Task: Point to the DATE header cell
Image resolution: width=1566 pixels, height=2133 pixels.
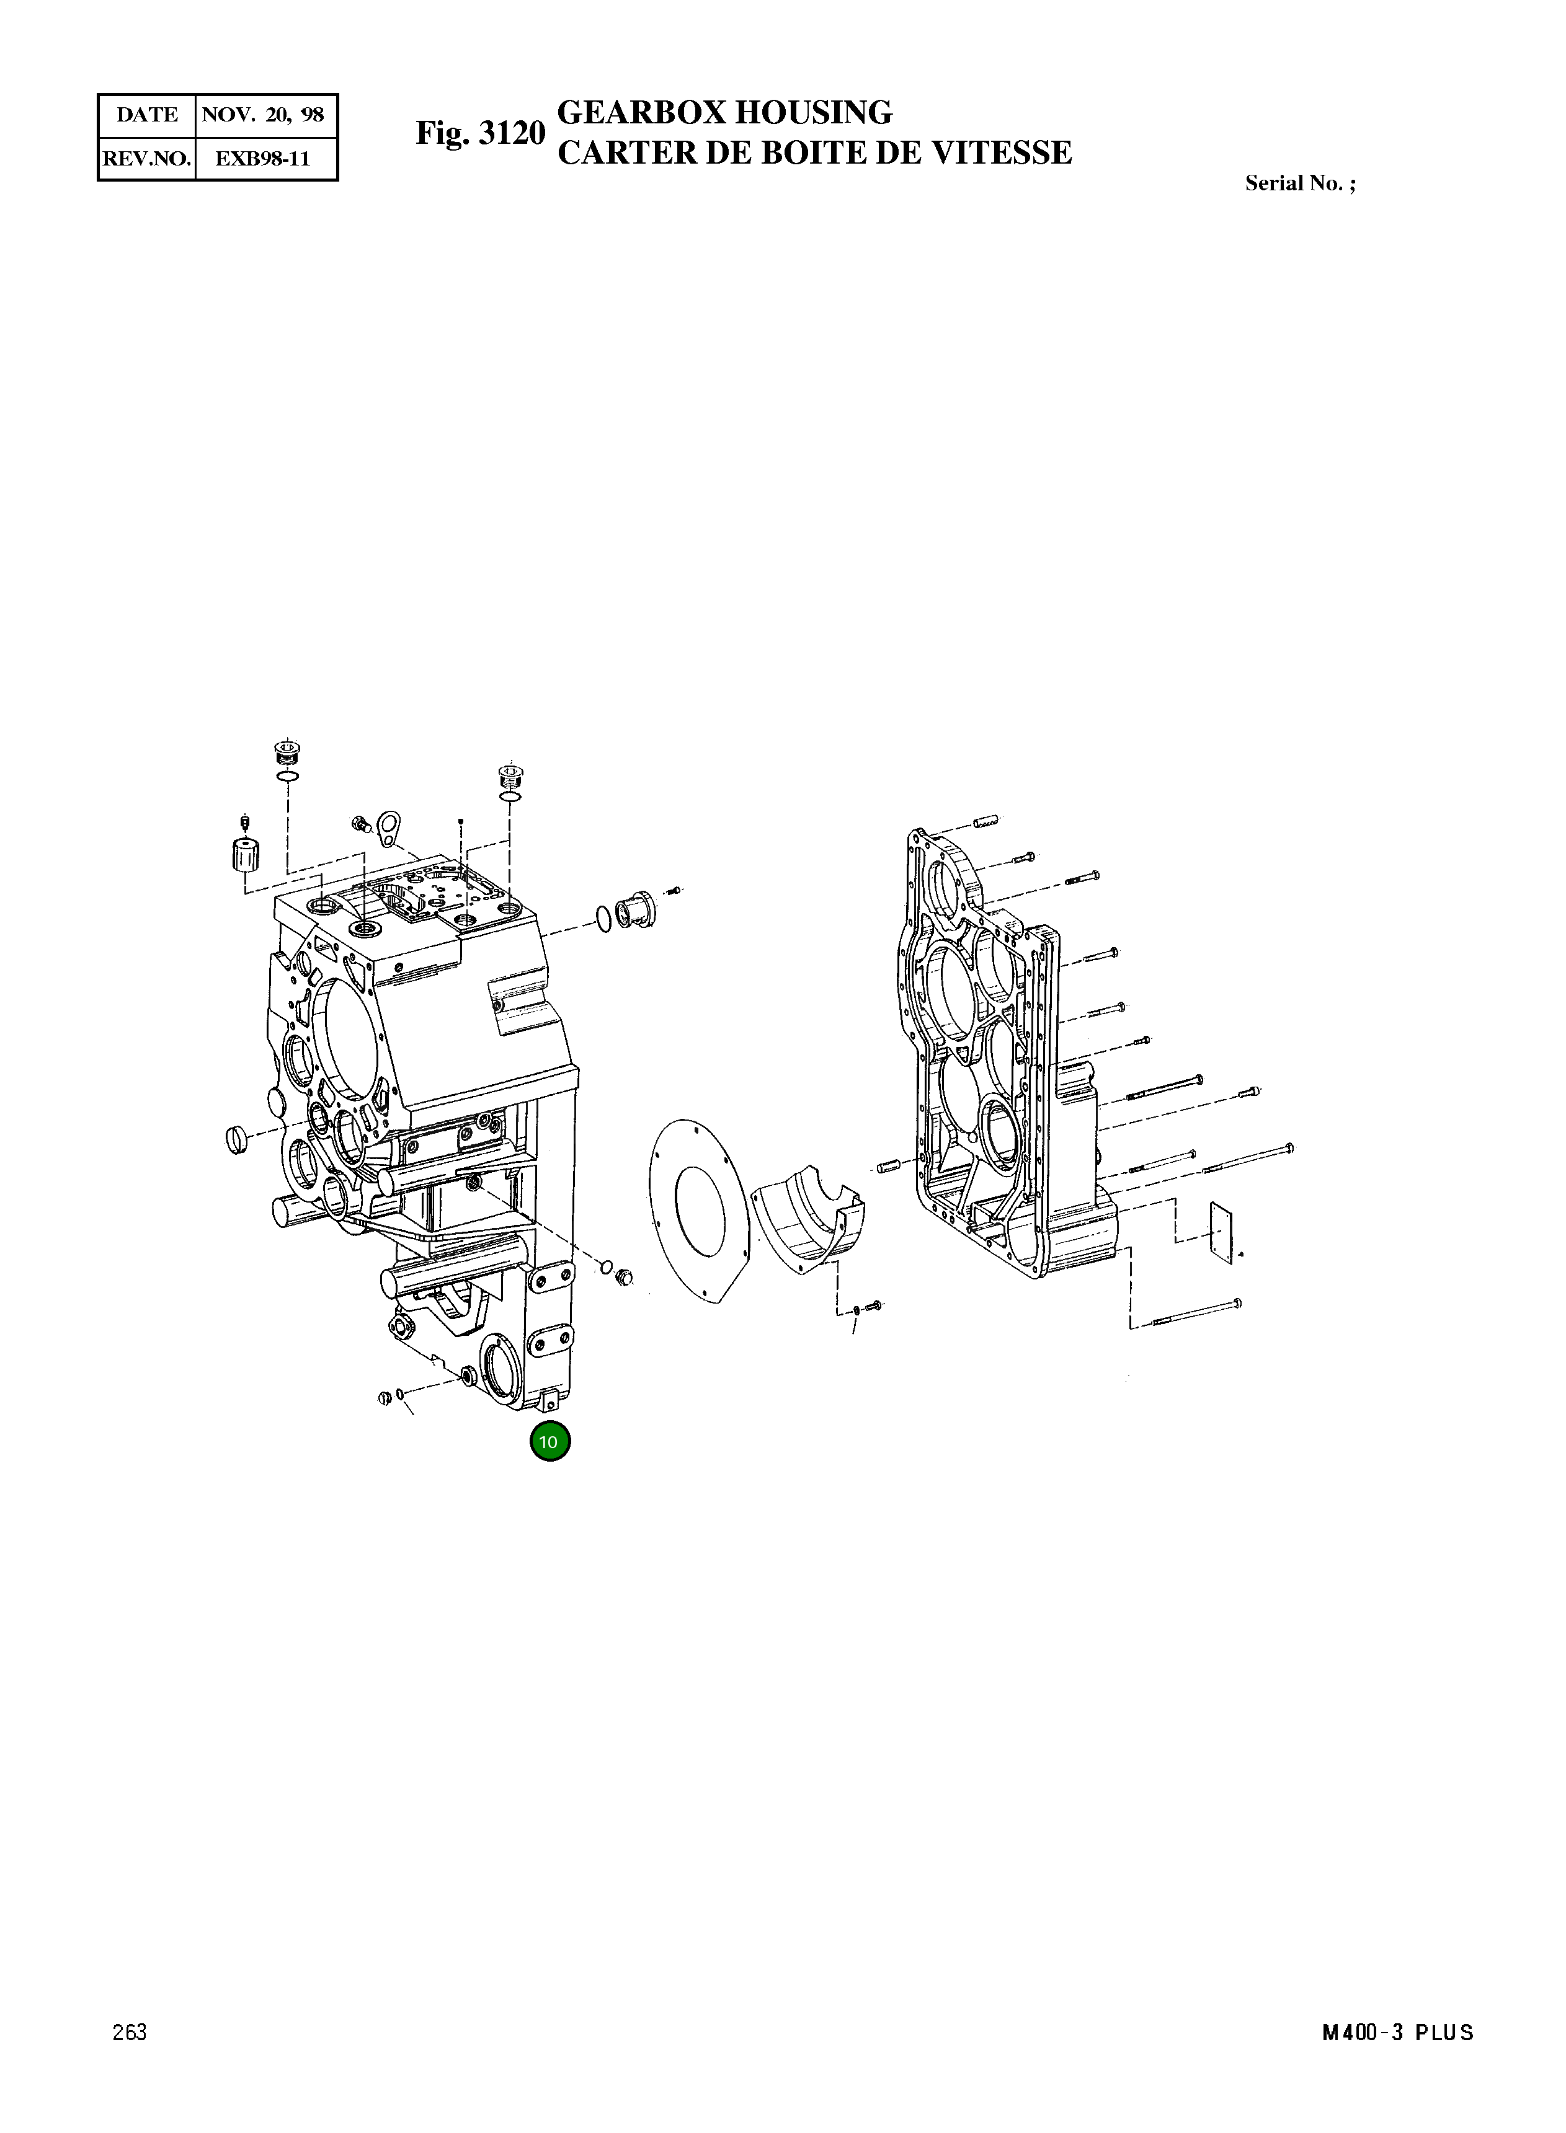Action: pyautogui.click(x=147, y=115)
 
